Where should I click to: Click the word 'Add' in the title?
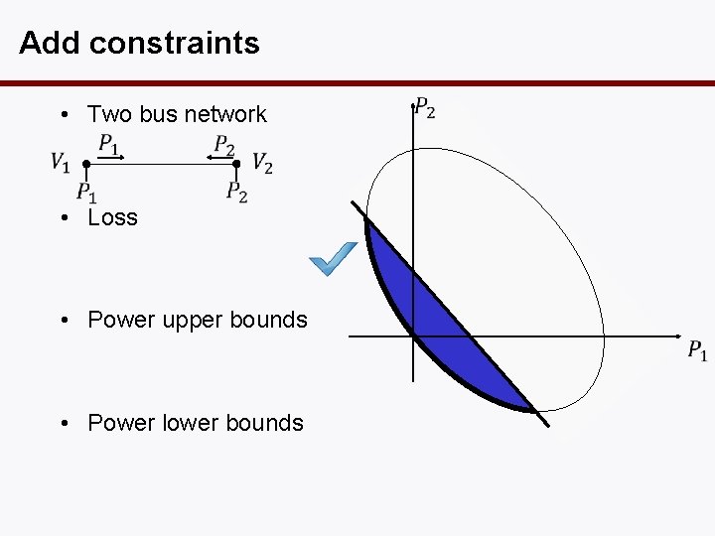click(51, 43)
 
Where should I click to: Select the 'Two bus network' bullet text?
click(177, 114)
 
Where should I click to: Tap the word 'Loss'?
click(112, 217)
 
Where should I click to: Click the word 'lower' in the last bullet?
click(183, 423)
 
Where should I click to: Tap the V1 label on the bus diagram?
click(61, 162)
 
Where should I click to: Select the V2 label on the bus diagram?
click(262, 162)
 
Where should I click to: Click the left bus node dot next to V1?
click(86, 163)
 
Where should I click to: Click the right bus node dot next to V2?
click(236, 163)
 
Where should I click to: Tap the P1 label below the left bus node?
click(86, 192)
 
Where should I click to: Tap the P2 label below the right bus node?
click(236, 192)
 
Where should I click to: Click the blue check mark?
click(333, 259)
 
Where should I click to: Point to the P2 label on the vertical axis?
click(424, 107)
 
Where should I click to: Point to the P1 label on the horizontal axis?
click(697, 350)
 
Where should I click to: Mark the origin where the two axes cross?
click(413, 336)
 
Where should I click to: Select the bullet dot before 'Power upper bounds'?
click(63, 321)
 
